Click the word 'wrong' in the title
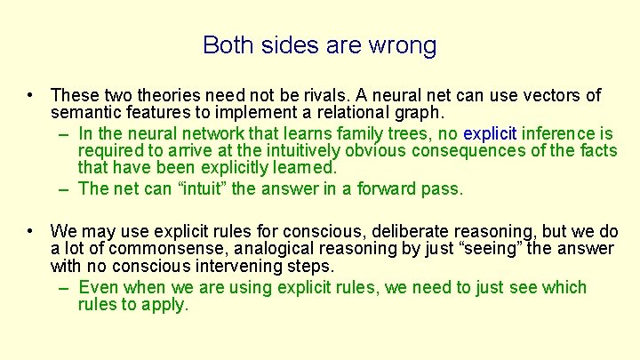click(405, 44)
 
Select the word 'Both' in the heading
click(227, 44)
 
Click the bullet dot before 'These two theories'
click(31, 95)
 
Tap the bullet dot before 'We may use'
click(31, 230)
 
